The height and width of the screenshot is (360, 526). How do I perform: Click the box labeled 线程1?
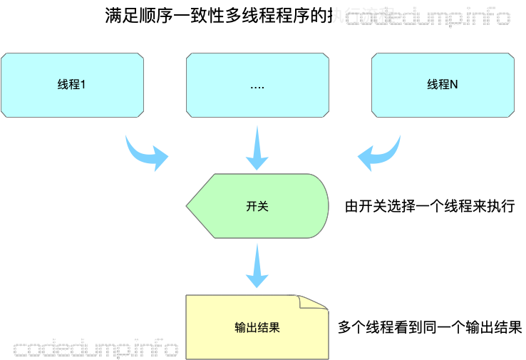(71, 85)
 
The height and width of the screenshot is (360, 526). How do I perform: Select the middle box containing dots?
(257, 85)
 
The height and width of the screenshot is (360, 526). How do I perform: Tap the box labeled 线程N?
(443, 85)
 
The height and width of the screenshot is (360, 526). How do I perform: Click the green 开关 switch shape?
(257, 206)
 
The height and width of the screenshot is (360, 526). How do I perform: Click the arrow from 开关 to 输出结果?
(257, 267)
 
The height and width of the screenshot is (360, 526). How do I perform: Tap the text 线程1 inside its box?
(71, 85)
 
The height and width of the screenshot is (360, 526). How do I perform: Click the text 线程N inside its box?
(443, 85)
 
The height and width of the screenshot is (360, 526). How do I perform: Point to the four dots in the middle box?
(257, 86)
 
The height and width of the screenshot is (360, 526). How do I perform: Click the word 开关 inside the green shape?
(257, 206)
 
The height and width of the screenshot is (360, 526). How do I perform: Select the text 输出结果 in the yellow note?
(257, 327)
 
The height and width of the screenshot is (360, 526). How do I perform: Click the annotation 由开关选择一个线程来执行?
(429, 207)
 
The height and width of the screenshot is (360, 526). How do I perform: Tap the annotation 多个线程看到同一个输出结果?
(430, 327)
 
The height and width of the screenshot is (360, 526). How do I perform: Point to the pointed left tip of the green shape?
(188, 206)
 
